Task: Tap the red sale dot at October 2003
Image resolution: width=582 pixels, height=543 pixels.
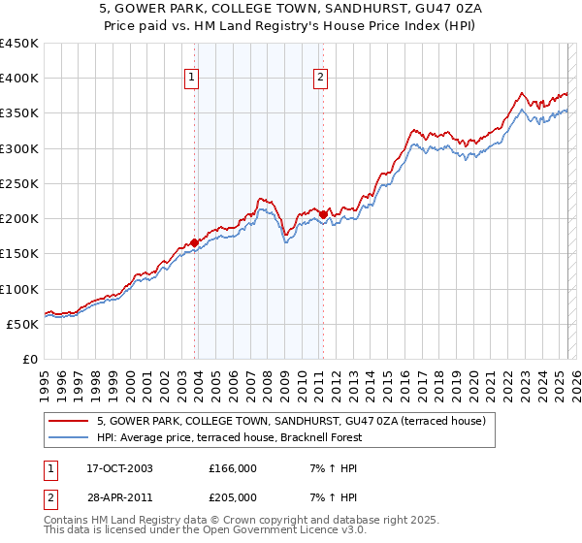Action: pyautogui.click(x=195, y=242)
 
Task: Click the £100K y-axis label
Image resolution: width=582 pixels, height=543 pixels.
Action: pyautogui.click(x=20, y=289)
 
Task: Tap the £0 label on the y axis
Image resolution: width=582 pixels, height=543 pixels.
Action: pyautogui.click(x=31, y=360)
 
